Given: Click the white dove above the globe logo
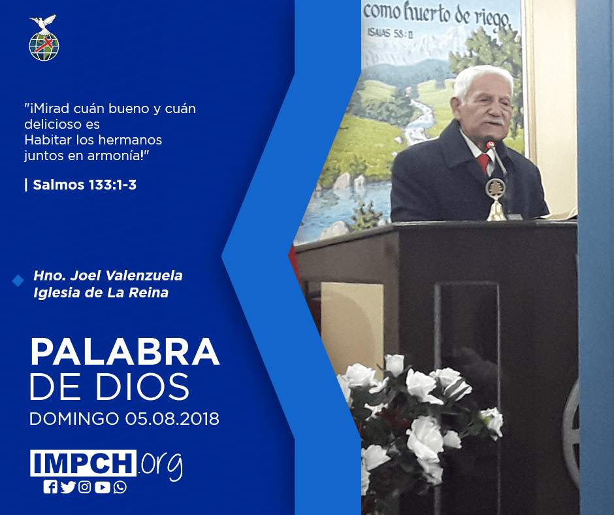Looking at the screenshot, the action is [x=43, y=23].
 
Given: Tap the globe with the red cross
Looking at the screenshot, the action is [x=44, y=46].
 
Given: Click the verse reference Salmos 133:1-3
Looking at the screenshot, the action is [x=84, y=184].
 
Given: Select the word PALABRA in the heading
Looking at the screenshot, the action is [x=125, y=352].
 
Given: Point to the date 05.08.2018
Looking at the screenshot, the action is [x=172, y=419].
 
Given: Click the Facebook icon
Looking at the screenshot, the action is [x=50, y=487].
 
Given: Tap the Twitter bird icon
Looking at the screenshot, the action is [x=68, y=487].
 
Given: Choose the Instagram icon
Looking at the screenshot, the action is [x=84, y=487].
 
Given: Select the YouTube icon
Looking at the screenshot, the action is [x=102, y=487].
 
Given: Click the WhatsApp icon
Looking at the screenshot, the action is [x=120, y=487].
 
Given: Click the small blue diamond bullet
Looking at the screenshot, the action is [x=18, y=280].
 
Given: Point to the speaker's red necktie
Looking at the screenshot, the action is [x=483, y=163].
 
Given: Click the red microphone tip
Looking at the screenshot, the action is [x=489, y=143].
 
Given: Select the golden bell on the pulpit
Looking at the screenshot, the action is [x=496, y=199].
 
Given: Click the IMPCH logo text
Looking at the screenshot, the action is [x=84, y=463].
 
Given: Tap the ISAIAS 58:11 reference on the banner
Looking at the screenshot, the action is [x=390, y=33].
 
